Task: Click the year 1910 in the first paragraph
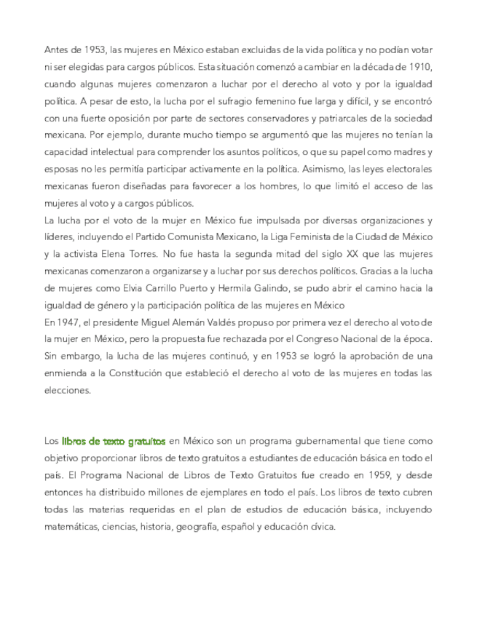click(420, 67)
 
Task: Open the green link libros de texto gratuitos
click(114, 441)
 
